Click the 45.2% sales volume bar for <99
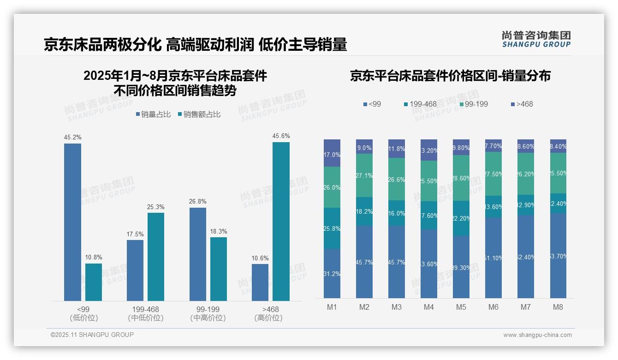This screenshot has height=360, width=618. [72, 222]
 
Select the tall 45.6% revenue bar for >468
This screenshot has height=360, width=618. [281, 222]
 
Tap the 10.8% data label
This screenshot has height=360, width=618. [94, 258]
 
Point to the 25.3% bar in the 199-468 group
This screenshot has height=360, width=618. [155, 257]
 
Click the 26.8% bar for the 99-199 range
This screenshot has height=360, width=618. [197, 254]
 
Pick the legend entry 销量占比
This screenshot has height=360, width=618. [155, 114]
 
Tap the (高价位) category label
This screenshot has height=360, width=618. [268, 318]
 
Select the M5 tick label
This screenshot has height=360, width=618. [461, 307]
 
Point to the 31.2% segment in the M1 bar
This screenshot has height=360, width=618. [332, 273]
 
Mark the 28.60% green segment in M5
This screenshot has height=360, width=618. [461, 178]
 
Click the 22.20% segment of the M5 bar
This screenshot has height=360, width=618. [461, 218]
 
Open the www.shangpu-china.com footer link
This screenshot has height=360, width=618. [537, 335]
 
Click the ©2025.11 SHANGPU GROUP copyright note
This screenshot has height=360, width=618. [92, 335]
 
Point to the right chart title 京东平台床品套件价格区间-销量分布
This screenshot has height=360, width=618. [450, 76]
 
